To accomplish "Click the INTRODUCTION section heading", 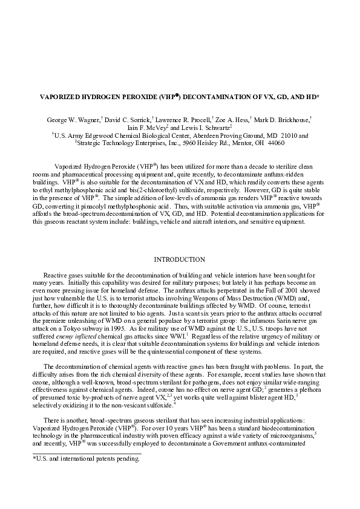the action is tap(180, 259).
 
